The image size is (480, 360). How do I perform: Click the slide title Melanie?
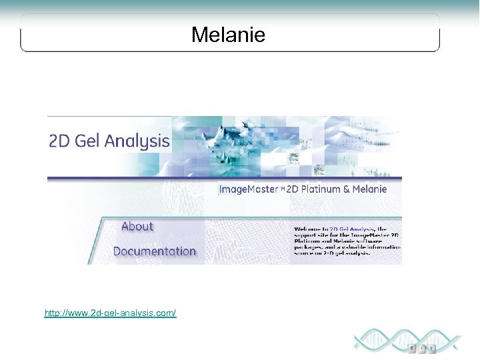coord(228,35)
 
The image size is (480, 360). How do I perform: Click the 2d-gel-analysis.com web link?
coord(110,313)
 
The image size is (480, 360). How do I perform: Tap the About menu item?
coord(137,227)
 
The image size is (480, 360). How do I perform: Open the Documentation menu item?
coord(155,251)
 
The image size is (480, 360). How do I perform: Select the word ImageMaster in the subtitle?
coord(249,189)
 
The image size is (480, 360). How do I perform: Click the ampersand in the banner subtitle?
coord(346,189)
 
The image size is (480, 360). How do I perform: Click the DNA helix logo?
coord(407,340)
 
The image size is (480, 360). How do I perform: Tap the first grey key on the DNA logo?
coord(413,347)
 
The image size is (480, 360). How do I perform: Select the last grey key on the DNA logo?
coord(433,347)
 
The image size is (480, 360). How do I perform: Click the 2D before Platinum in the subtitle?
coord(293,189)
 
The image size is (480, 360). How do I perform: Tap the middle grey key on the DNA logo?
coord(423,347)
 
